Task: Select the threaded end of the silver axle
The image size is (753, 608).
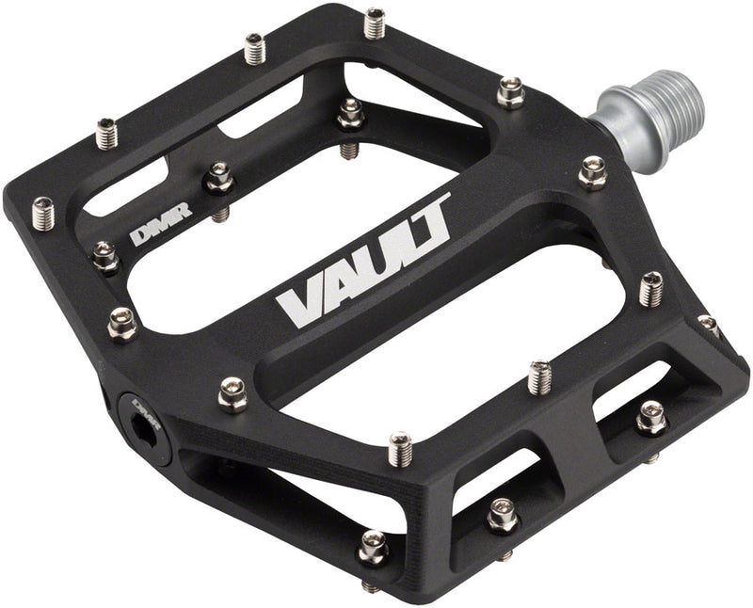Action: [669, 94]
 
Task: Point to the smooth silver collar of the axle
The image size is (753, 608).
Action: [617, 113]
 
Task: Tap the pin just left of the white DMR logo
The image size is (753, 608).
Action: [104, 255]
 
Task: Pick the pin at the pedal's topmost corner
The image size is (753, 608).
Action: [375, 22]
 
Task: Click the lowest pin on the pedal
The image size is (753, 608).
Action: [374, 548]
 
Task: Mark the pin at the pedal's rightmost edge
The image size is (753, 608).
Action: [708, 326]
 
